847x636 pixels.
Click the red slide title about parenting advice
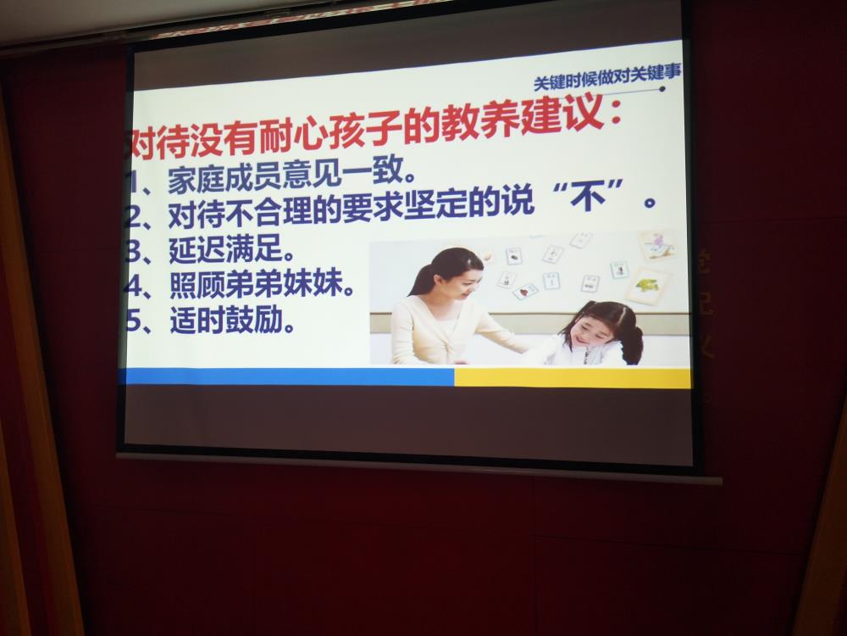pos(374,131)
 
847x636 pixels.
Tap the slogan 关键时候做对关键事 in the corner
pos(607,79)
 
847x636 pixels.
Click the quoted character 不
pos(590,196)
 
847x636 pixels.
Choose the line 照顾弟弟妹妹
pos(262,284)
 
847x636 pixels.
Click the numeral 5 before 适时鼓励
pos(133,321)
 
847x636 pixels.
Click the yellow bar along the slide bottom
pos(573,378)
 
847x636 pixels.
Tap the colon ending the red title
pos(615,117)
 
